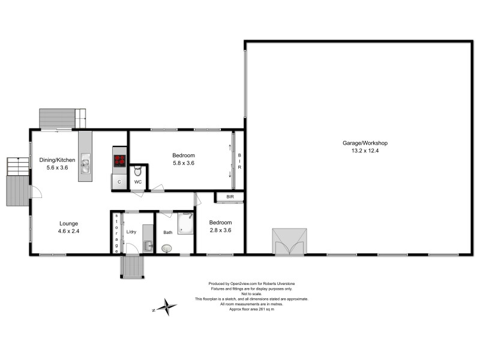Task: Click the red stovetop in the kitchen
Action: [119, 160]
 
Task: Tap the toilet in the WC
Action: [137, 169]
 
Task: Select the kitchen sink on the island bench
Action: [86, 162]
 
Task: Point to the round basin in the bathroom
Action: [166, 247]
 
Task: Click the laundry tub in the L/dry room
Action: [148, 246]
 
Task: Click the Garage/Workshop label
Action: [365, 143]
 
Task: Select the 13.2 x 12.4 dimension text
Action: [365, 151]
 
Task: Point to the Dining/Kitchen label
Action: [57, 160]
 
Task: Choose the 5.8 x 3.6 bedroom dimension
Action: [183, 163]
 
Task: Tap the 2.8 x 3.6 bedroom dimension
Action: [220, 230]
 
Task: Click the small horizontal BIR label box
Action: [230, 197]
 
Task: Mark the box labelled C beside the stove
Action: [119, 181]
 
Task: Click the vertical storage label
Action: [116, 232]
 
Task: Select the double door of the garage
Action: [290, 242]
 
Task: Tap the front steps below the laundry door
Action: [131, 266]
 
